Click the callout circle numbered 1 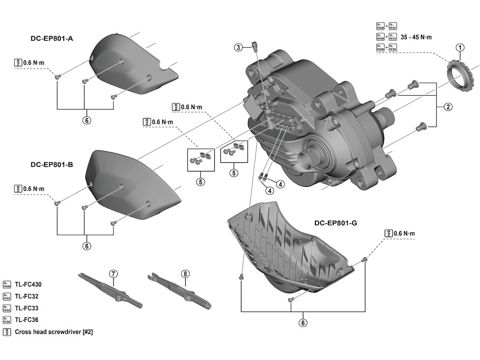pos(460,47)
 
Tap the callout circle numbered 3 pos(239,47)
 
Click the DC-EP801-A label pos(52,39)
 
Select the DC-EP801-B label pos(52,165)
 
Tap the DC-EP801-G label pos(336,223)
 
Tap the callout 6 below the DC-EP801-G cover pos(303,322)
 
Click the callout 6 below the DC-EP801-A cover pos(86,120)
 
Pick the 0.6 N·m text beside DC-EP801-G pos(404,233)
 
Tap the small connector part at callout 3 pos(255,45)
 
